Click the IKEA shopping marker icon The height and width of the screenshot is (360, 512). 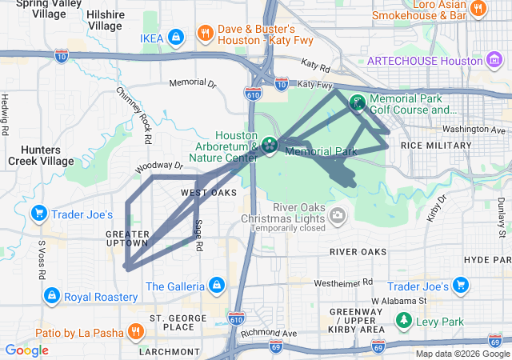coord(177,37)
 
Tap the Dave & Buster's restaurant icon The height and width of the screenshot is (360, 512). coord(205,34)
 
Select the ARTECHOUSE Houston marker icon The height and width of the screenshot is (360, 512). coord(494,61)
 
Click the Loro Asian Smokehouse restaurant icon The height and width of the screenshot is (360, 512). coord(478,9)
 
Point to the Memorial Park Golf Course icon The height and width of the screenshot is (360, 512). coord(357,102)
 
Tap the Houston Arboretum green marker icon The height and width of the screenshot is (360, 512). coord(270,145)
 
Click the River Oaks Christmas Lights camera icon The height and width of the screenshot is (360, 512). coord(338,214)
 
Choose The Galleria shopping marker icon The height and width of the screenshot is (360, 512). coord(216,285)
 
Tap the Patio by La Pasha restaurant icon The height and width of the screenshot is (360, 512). coord(136,332)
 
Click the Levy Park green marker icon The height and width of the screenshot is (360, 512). coord(405,322)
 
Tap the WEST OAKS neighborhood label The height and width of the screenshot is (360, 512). coord(208,193)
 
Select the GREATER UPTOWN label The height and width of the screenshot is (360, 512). coord(127,238)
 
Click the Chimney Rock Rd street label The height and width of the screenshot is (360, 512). coord(134,115)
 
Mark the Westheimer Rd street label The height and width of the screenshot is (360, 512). coord(343,282)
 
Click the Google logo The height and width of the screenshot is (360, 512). coord(26,350)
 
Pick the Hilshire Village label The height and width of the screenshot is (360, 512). coord(104,20)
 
